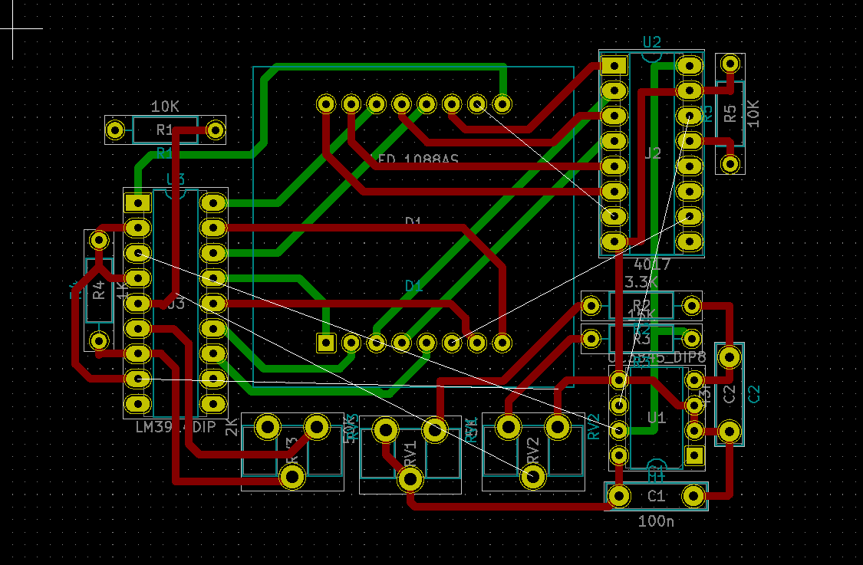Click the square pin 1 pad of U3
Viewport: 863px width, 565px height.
pos(138,203)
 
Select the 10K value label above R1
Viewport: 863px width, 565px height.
pos(165,107)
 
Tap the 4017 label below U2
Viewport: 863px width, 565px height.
pos(652,264)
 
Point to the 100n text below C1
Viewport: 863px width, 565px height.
pos(656,522)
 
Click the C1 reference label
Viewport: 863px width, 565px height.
pos(656,497)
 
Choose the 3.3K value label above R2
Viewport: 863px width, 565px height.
pos(641,282)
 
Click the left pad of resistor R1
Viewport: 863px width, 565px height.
pos(115,130)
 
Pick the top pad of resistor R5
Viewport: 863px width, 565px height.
pos(730,63)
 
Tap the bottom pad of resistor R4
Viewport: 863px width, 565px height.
pos(98,340)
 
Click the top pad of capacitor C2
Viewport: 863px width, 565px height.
pos(730,356)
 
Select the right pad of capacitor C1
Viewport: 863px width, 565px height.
pos(694,497)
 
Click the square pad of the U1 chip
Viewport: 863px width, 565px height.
pos(694,456)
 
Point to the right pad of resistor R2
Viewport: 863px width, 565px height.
pos(692,307)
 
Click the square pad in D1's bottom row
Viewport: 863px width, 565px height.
pos(326,342)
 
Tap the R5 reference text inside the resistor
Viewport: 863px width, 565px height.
pos(730,113)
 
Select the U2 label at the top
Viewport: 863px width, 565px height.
pos(652,42)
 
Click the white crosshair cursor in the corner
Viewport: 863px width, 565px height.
pos(12,28)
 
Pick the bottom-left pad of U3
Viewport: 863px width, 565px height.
pos(138,403)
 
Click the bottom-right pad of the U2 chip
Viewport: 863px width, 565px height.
pos(689,241)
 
